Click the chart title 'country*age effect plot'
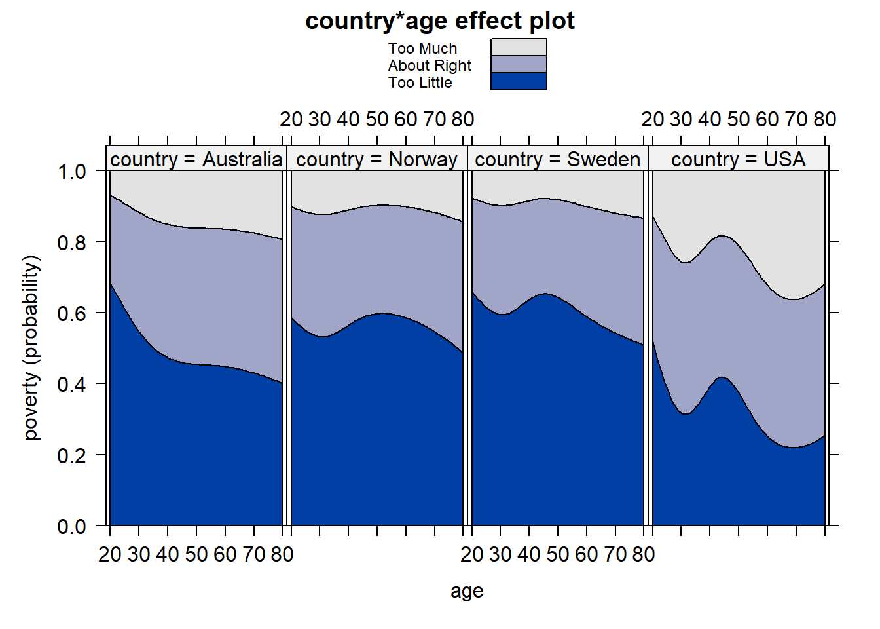(440, 21)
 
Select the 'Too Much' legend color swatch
(519, 47)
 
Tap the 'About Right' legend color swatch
(519, 64)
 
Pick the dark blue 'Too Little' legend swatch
(519, 81)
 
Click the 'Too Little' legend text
(420, 83)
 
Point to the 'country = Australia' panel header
(196, 159)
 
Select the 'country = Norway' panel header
(376, 159)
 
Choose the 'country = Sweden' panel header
(557, 159)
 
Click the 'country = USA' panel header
(738, 159)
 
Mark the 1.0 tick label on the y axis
(71, 172)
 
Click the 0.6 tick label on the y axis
(71, 313)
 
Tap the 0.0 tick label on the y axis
(71, 526)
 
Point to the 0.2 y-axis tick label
(71, 455)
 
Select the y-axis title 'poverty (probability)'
(31, 347)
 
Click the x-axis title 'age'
(467, 591)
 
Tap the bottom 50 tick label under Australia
(196, 554)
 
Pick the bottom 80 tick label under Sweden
(643, 554)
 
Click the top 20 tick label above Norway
(291, 119)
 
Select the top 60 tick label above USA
(767, 119)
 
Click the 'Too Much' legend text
(422, 48)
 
